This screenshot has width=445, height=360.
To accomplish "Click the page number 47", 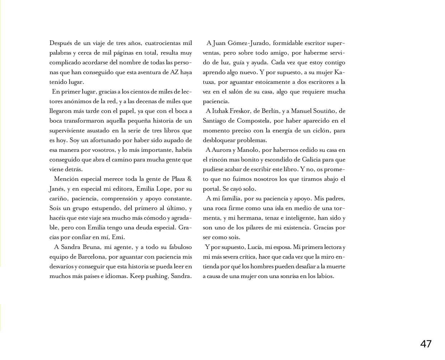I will point(426,344).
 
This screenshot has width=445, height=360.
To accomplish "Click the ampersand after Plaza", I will point(190,179).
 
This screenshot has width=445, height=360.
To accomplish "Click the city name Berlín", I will point(273,111).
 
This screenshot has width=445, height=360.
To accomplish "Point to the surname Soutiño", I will point(321,111).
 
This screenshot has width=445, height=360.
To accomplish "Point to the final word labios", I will point(325,276).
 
